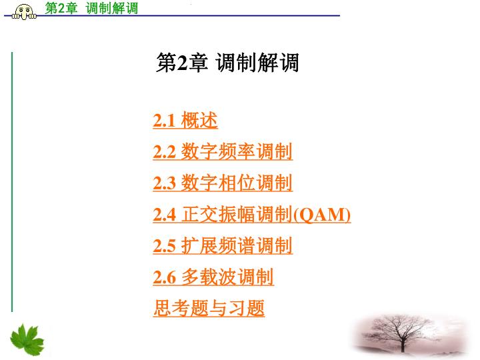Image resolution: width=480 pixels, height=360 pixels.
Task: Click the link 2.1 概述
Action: (x=185, y=120)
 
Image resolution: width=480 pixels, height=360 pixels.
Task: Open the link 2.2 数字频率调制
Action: (x=223, y=151)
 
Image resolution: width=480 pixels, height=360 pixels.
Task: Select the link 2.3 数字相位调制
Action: (x=223, y=183)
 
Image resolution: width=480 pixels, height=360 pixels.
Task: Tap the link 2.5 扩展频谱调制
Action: (x=223, y=246)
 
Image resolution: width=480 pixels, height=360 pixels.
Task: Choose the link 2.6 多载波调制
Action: (x=213, y=277)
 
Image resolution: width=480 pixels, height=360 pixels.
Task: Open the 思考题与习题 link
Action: (x=209, y=308)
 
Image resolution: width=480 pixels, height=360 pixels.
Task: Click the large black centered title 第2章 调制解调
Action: (x=227, y=63)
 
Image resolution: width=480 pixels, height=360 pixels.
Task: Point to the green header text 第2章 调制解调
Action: (x=91, y=8)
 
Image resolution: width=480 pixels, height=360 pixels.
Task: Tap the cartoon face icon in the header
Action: (x=24, y=12)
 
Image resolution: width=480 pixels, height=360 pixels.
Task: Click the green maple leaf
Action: (x=27, y=340)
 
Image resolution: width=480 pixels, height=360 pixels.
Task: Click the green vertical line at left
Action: (x=12, y=182)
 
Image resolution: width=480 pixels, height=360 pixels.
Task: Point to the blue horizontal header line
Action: (x=172, y=15)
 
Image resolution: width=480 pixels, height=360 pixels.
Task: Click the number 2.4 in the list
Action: (x=165, y=215)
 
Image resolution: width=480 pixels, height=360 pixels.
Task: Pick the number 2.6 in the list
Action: (x=165, y=277)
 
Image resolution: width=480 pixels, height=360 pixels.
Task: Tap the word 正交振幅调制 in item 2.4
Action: (x=237, y=214)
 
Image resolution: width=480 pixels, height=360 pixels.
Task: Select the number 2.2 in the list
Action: (x=165, y=152)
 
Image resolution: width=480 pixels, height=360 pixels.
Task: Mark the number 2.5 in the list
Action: (x=165, y=246)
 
